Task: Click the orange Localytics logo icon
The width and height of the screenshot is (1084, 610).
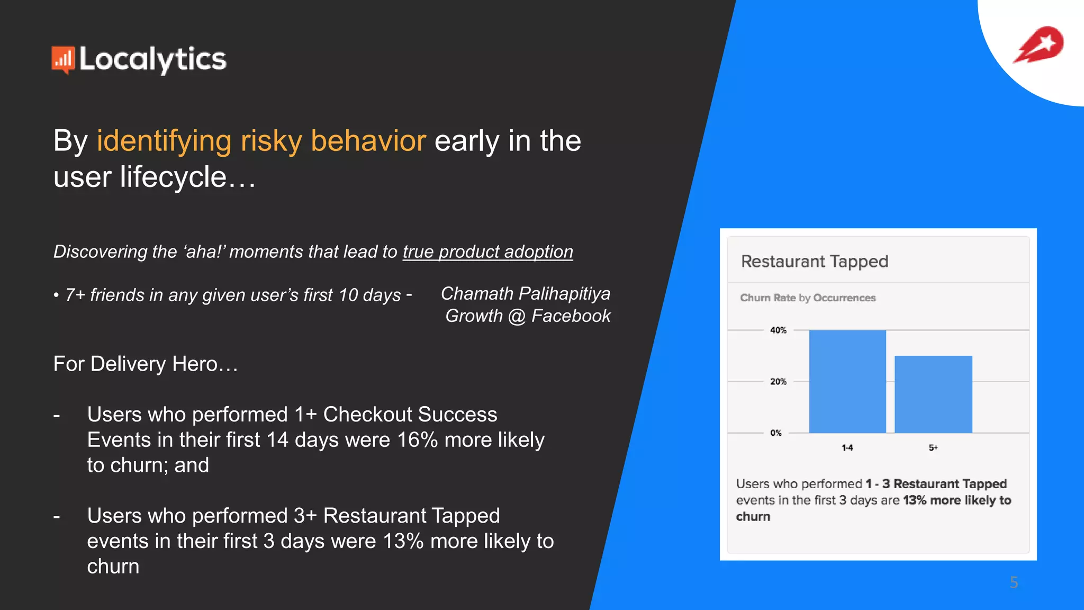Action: coord(62,59)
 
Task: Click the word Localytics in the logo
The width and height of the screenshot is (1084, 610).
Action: coord(152,59)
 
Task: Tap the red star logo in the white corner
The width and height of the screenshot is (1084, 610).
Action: coord(1039,44)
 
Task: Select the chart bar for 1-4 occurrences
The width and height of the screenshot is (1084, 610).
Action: coord(847,381)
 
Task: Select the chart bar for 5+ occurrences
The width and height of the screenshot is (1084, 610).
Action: coord(933,394)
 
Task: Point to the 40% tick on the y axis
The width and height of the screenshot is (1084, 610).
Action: coord(778,330)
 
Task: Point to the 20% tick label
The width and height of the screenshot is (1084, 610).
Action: coord(778,382)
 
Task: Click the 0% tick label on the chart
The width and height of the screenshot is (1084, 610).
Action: coord(776,433)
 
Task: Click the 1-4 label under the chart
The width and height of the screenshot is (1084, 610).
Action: coord(847,448)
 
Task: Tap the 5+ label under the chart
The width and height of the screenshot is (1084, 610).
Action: coord(933,448)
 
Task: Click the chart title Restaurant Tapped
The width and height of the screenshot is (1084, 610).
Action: coord(814,262)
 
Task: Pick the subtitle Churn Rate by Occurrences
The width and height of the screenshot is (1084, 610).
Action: coord(808,298)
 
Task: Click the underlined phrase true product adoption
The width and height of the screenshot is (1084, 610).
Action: coord(487,252)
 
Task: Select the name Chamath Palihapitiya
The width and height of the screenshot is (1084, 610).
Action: coord(525,293)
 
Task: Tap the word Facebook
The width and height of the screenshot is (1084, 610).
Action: coord(571,316)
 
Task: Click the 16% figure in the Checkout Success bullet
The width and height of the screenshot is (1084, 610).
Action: coord(417,440)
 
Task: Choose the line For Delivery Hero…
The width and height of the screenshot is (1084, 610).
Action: coord(146,364)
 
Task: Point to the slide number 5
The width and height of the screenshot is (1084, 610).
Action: coord(1014,582)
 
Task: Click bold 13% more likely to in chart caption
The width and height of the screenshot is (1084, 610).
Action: coord(956,500)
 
